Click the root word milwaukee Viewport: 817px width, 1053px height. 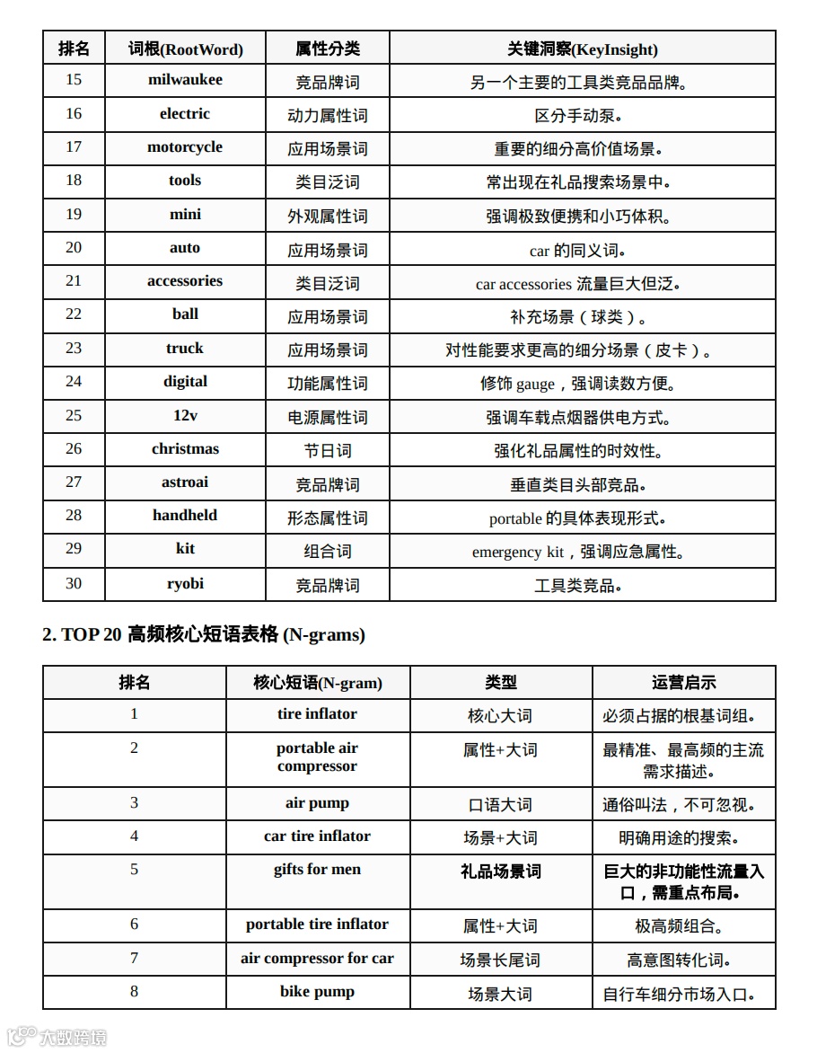185,80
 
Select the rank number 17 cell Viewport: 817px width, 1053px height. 74,147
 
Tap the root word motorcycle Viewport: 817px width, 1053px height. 185,147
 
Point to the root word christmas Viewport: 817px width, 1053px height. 185,449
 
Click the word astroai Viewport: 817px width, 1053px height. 185,482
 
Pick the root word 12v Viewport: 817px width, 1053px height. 185,415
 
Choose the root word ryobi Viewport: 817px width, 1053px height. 185,584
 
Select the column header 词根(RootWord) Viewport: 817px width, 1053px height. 185,49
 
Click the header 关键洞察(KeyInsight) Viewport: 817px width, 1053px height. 582,49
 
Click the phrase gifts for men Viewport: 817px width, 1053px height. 317,870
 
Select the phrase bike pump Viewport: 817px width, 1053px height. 317,992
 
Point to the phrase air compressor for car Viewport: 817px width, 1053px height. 317,959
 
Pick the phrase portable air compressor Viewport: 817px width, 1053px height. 317,757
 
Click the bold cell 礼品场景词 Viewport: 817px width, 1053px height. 500,872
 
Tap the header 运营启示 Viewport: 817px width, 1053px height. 683,683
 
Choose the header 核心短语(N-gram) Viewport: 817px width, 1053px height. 317,683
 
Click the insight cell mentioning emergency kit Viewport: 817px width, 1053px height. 582,552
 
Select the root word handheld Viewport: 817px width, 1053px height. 185,516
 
